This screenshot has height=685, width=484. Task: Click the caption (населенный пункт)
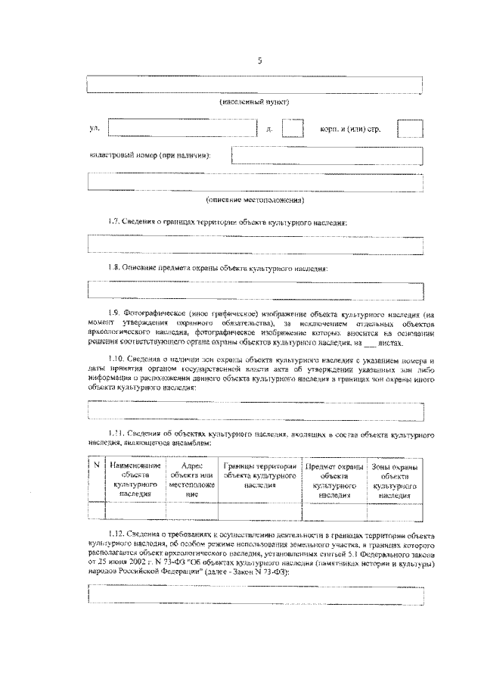[255, 101]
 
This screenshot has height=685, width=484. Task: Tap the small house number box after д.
[293, 128]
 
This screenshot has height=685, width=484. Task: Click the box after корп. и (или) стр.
[410, 128]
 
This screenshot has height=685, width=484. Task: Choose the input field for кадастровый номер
[327, 155]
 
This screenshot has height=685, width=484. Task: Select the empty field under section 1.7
[255, 244]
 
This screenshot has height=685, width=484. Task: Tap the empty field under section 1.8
[255, 290]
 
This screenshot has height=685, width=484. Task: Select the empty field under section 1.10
[255, 409]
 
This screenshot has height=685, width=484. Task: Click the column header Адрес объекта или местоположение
[192, 480]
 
